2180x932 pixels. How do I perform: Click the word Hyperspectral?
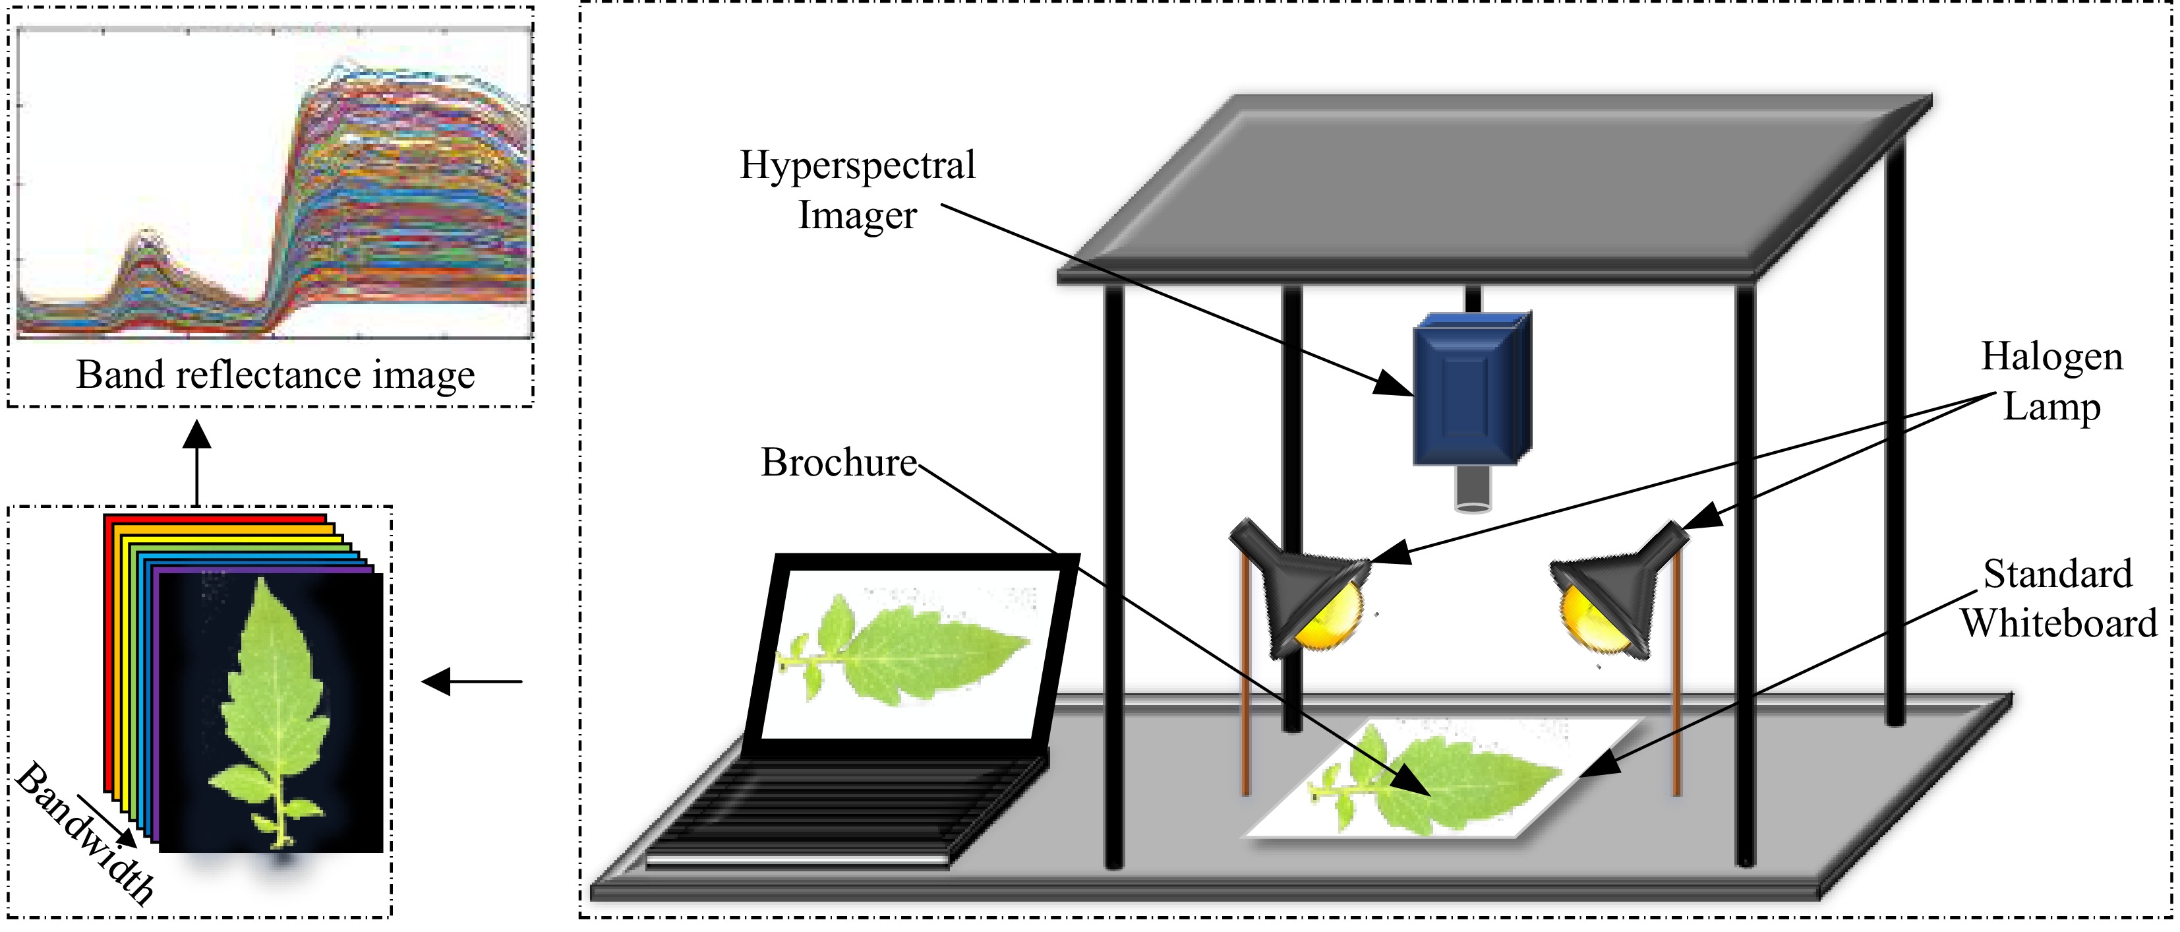(x=857, y=165)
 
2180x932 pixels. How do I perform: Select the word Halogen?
(x=2051, y=356)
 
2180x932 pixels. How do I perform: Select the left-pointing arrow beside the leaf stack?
(x=471, y=681)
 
